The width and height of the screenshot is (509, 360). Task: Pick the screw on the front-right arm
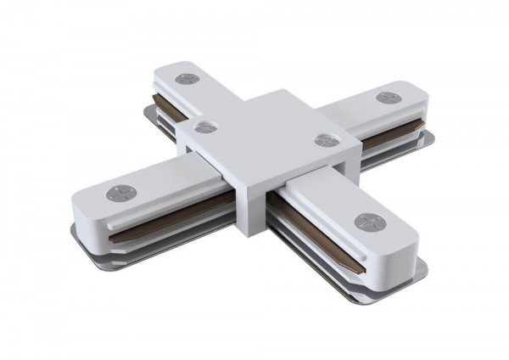coord(368,222)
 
